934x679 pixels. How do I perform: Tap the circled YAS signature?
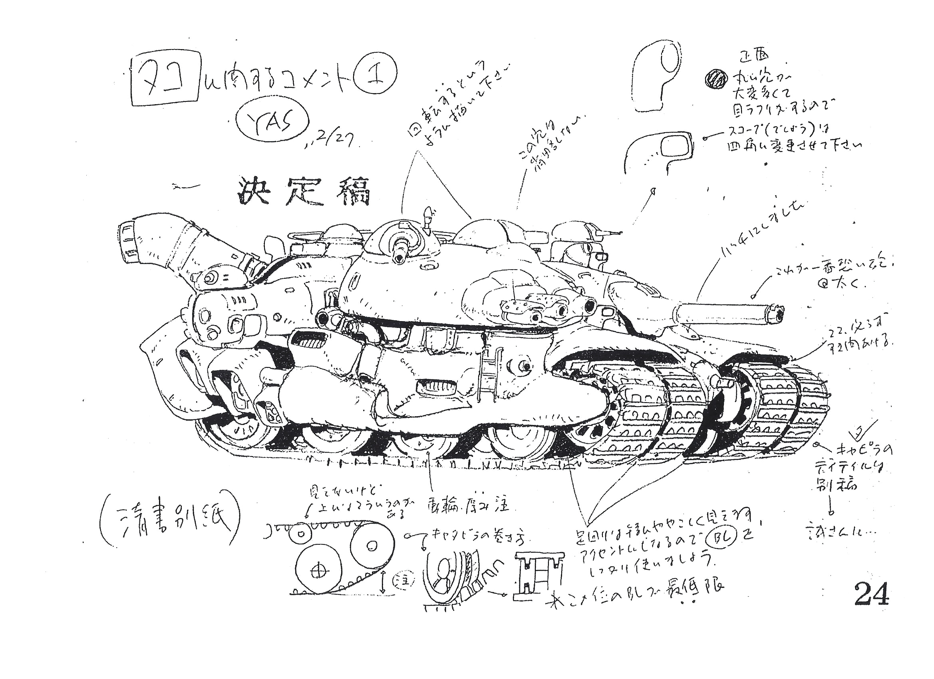(273, 120)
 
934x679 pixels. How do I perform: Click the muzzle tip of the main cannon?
(779, 314)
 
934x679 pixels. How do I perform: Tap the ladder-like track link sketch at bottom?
(538, 576)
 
